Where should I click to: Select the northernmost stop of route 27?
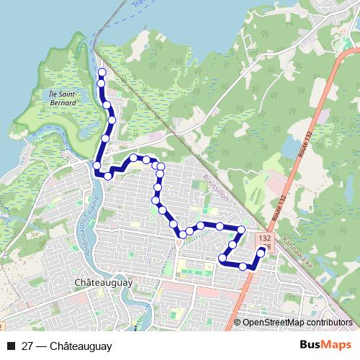click(x=102, y=73)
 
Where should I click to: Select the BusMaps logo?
click(x=325, y=345)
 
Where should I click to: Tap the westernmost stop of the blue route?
click(x=96, y=166)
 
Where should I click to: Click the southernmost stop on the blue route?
click(x=243, y=266)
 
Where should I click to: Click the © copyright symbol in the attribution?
click(x=237, y=323)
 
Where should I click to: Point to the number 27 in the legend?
click(x=27, y=346)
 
